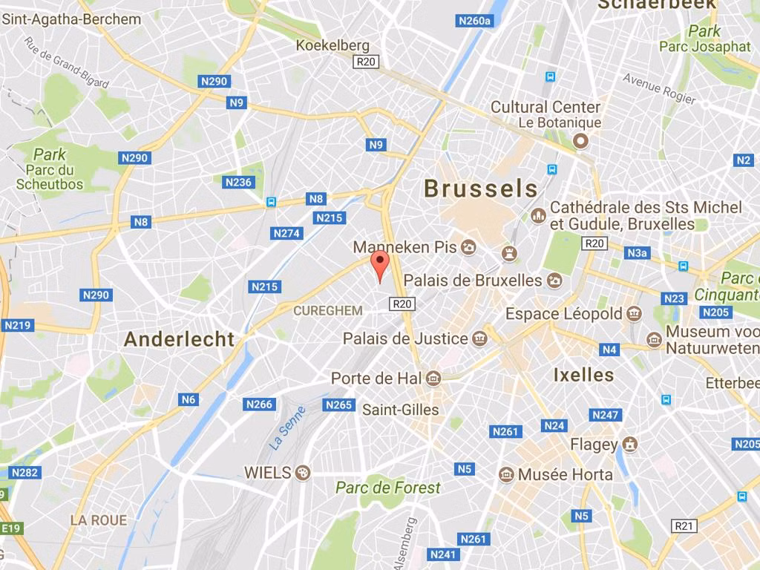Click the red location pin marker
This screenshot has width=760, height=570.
[x=380, y=265]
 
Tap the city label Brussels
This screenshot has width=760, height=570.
[x=481, y=189]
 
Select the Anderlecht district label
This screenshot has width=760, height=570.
[x=179, y=339]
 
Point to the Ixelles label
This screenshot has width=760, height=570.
[x=583, y=375]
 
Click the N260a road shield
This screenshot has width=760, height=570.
[x=475, y=21]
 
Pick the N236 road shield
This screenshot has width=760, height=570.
[x=238, y=182]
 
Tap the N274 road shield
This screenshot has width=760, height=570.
[x=286, y=233]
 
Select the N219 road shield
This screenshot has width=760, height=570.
[x=18, y=325]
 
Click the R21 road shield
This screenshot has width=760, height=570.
[x=684, y=525]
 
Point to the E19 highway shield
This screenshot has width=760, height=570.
[x=12, y=528]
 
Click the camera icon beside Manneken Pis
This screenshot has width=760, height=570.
[x=469, y=247]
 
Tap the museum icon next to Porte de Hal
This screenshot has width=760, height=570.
[x=434, y=379]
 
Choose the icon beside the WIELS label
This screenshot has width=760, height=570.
[x=302, y=472]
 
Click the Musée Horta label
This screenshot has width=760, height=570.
[x=566, y=474]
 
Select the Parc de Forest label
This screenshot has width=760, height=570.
[x=387, y=488]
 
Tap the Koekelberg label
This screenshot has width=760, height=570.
[x=332, y=45]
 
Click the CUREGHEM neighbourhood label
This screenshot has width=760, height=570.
[x=328, y=311]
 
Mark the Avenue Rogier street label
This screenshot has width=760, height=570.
[x=659, y=89]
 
